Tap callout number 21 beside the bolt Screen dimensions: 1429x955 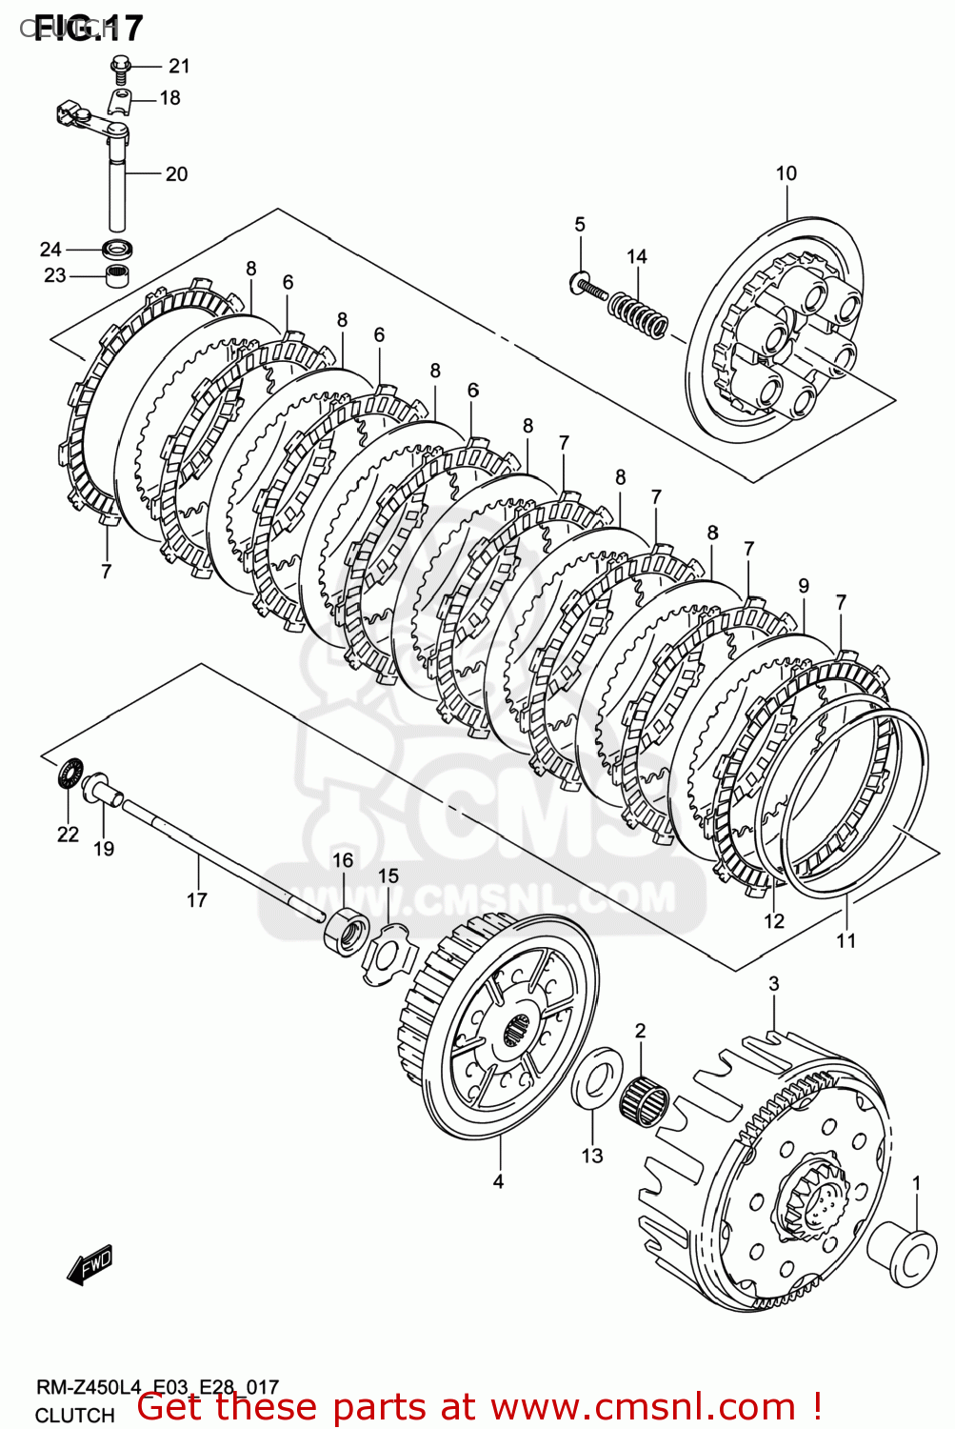(x=179, y=66)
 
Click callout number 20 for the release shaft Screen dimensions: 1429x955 (x=176, y=174)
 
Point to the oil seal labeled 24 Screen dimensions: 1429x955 (x=117, y=250)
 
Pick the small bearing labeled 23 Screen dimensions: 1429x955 (x=116, y=277)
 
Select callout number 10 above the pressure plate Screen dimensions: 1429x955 (x=786, y=173)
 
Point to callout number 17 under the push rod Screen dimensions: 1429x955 (x=196, y=899)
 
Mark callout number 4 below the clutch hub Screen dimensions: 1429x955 (x=498, y=1181)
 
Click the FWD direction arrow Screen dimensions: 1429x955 (x=90, y=1266)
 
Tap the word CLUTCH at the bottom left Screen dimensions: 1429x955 (x=75, y=1416)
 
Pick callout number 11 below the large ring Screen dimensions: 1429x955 (x=846, y=940)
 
